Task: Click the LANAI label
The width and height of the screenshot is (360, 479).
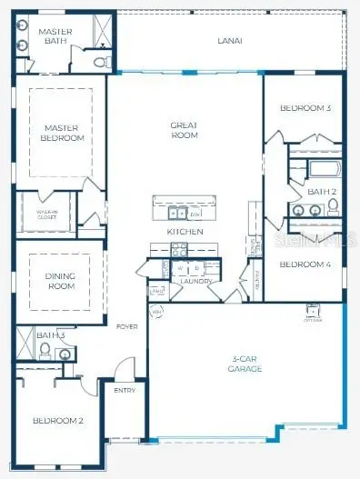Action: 229,41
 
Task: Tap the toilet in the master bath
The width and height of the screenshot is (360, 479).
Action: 100,62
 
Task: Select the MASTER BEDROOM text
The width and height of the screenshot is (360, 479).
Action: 63,133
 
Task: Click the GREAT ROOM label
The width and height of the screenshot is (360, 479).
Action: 185,130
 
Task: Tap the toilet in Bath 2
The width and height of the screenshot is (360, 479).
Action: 333,207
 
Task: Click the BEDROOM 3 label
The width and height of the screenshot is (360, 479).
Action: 305,108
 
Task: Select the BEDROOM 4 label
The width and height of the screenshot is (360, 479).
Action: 305,264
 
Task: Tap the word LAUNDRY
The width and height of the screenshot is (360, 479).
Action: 195,281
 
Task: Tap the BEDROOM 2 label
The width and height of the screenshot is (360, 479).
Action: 58,420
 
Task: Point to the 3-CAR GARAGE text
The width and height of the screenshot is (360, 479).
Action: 245,364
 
